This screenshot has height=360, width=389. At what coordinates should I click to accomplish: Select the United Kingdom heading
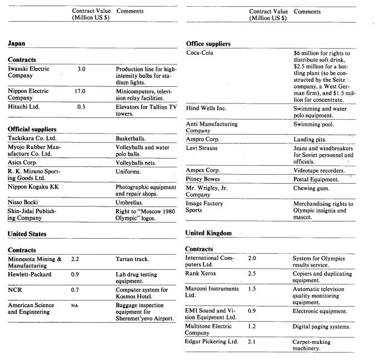208,233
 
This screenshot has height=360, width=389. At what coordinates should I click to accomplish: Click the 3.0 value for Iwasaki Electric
81,69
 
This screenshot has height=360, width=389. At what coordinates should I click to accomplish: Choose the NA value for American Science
74,305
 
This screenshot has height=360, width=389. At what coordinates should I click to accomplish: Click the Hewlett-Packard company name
29,274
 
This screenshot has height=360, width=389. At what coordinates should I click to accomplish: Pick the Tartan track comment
132,259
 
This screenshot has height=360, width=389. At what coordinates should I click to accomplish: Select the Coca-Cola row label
200,53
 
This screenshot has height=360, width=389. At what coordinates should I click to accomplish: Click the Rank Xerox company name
201,274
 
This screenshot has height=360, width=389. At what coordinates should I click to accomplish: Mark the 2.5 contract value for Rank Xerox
252,274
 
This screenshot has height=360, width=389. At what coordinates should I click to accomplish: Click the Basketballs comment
132,138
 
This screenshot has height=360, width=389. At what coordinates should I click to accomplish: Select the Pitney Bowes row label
203,179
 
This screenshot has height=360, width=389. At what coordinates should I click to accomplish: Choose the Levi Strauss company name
202,148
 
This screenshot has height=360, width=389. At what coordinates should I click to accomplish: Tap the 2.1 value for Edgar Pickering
252,342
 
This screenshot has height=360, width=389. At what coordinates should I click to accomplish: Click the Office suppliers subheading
208,43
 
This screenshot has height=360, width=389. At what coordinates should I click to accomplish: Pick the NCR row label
14,290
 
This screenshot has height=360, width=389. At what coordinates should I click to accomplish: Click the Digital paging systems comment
321,327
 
